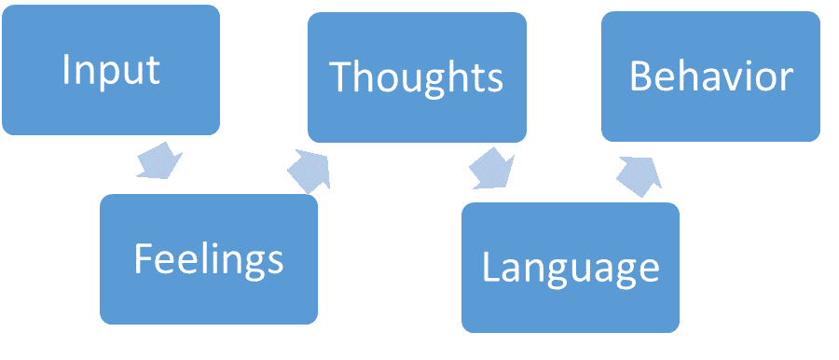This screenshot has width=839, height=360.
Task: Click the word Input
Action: click(111, 71)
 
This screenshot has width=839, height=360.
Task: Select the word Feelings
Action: click(208, 258)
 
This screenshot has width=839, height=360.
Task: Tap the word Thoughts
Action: click(417, 77)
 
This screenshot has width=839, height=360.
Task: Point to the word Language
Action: click(570, 268)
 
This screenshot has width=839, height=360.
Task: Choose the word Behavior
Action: click(711, 76)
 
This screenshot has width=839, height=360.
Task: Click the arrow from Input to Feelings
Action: click(159, 160)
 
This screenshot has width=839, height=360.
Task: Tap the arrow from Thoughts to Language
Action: click(490, 167)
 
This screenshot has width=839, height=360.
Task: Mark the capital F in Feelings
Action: click(143, 258)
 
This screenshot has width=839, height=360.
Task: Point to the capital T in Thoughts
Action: click(342, 77)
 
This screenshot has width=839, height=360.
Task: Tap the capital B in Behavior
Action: click(640, 76)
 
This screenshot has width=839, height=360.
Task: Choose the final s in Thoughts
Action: click(495, 80)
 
